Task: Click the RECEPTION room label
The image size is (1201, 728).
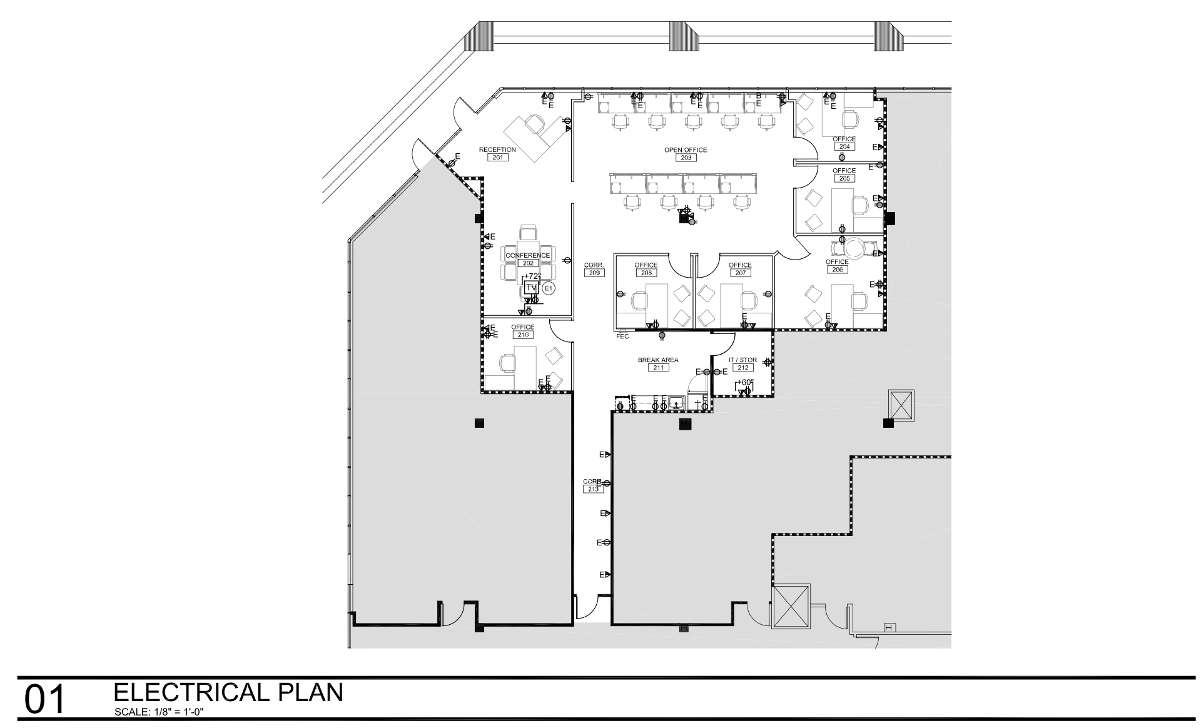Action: (497, 149)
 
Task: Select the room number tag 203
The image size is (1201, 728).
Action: (686, 158)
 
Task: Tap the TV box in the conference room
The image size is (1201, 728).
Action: (531, 288)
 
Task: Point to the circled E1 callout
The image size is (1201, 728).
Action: (549, 288)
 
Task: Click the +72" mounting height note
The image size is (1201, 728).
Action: (532, 276)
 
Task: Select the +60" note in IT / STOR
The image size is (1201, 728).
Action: (745, 382)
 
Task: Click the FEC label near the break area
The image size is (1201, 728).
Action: (622, 336)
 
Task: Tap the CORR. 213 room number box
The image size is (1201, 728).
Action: (593, 489)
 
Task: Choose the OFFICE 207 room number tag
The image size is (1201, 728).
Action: (740, 273)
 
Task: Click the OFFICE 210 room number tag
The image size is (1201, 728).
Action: (522, 335)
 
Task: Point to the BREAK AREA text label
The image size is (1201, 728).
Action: (658, 360)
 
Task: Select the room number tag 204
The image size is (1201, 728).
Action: (844, 146)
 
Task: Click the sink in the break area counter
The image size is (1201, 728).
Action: (676, 403)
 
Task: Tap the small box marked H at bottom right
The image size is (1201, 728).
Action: (888, 627)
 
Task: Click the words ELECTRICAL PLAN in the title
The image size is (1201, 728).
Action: (228, 692)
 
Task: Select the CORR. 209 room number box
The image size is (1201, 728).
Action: (594, 273)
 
